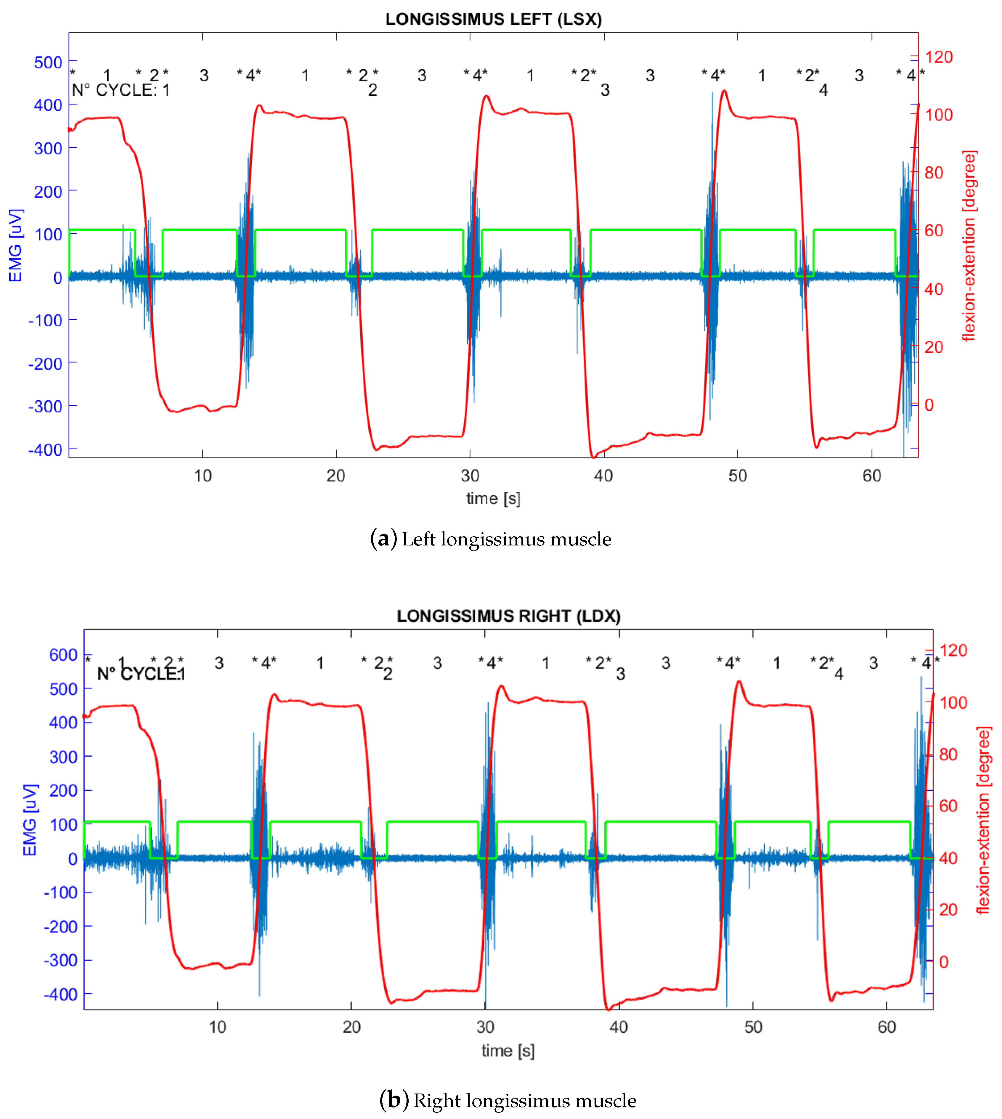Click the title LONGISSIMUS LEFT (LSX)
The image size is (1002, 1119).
tap(493, 19)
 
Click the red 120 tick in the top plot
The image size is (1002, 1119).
tap(939, 57)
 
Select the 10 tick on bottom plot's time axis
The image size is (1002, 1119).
tap(217, 1027)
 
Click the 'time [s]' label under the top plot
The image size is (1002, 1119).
tap(493, 498)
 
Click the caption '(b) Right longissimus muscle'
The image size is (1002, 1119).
tap(508, 1100)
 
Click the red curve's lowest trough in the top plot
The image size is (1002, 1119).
tap(593, 457)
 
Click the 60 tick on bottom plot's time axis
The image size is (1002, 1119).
tap(887, 1027)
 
